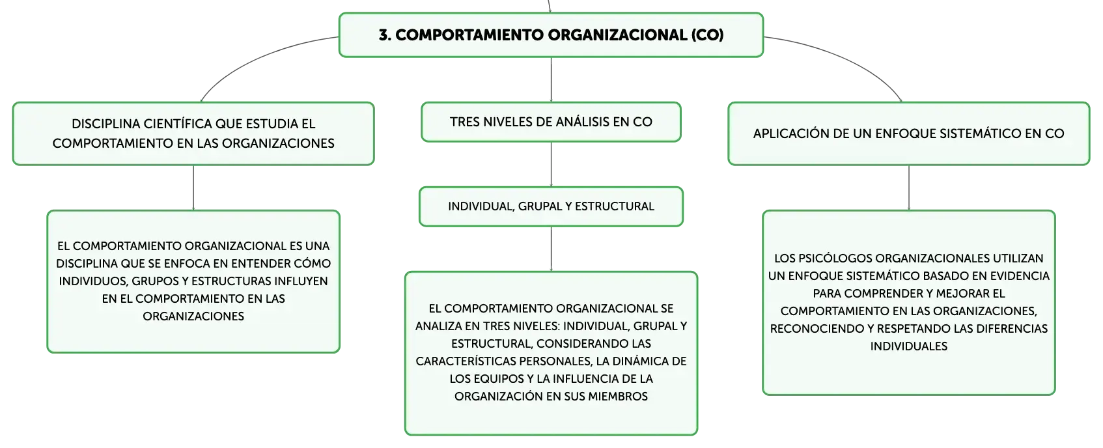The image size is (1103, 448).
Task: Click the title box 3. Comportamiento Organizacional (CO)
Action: (x=551, y=35)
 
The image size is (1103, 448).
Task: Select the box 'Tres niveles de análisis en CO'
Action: (x=551, y=122)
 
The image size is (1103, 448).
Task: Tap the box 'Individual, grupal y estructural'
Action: (x=551, y=206)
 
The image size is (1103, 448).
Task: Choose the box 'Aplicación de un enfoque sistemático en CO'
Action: (x=908, y=133)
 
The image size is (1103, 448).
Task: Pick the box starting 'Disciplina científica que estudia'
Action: (x=193, y=133)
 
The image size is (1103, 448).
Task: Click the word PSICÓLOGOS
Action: (x=835, y=259)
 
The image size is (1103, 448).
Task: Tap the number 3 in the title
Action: (x=383, y=35)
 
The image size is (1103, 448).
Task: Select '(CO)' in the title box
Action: (x=707, y=35)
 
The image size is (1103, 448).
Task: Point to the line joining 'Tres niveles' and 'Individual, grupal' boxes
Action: (x=551, y=165)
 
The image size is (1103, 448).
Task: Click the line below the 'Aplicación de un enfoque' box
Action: (x=909, y=188)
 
